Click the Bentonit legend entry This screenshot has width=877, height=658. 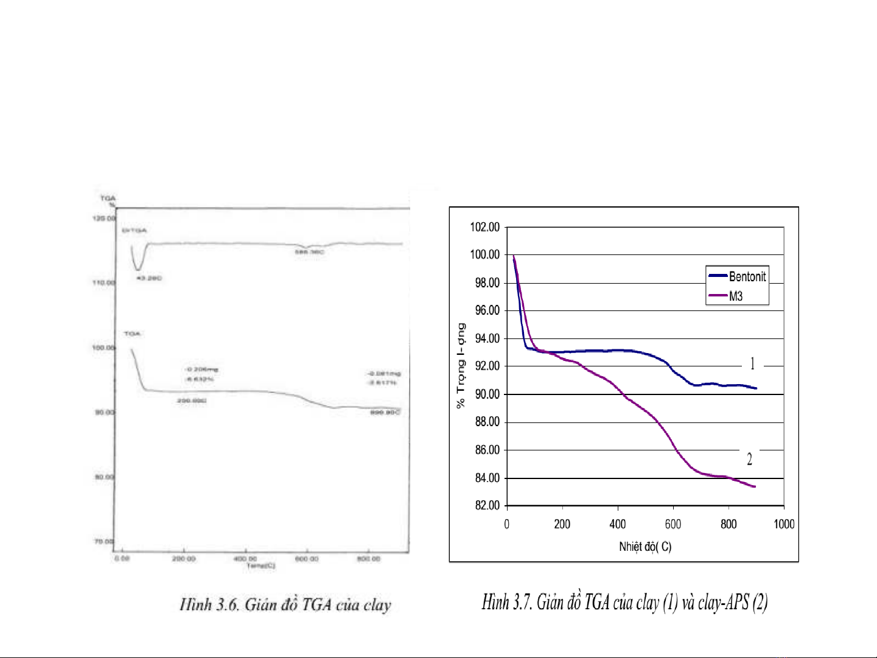point(747,276)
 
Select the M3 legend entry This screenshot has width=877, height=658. point(736,296)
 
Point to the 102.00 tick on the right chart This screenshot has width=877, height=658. point(484,227)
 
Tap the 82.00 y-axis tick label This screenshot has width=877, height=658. point(487,505)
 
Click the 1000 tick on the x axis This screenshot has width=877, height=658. point(784,524)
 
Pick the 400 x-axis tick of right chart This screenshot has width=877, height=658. point(618,524)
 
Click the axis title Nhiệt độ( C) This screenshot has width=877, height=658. point(645,547)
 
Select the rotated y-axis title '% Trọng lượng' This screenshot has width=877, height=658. point(461,365)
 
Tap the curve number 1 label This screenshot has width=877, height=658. point(752,364)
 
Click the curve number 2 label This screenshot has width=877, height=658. point(749,460)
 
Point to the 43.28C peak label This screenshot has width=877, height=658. point(149,278)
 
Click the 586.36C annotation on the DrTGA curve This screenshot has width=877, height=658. point(310,252)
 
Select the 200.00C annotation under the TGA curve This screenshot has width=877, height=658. point(192,401)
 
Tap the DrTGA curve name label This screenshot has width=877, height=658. point(135,231)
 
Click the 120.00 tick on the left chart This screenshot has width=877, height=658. point(103,218)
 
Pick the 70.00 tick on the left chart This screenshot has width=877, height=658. point(103,541)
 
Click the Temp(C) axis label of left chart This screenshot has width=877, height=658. point(260,566)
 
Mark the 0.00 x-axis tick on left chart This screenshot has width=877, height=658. point(122,558)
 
